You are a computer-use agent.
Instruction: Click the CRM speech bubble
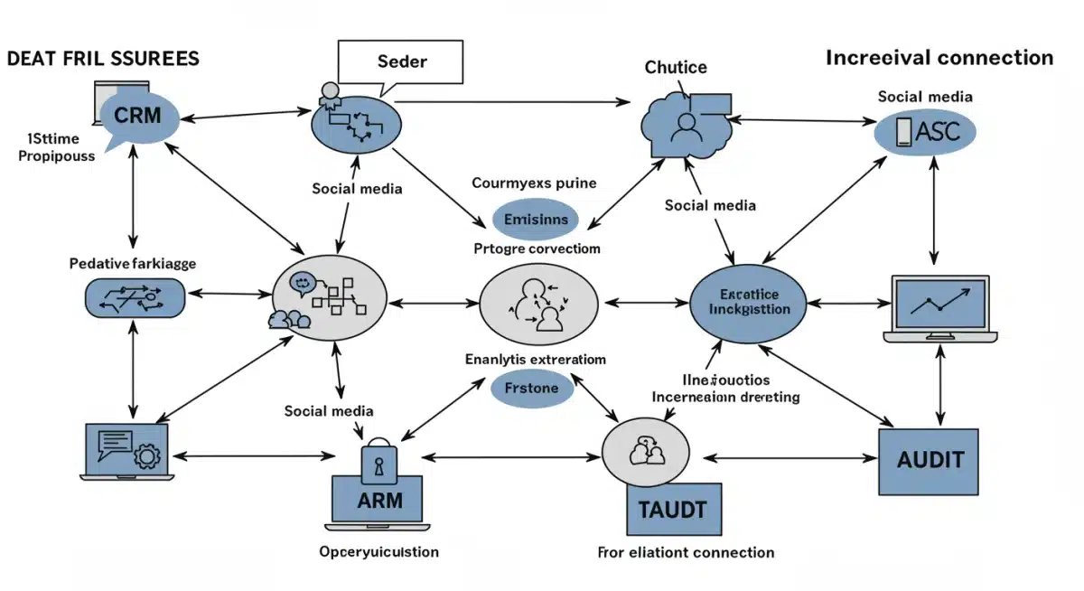coord(141,117)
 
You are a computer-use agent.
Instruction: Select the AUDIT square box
coord(930,461)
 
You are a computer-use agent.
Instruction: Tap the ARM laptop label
coord(379,501)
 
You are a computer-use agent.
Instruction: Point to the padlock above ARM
coord(378,459)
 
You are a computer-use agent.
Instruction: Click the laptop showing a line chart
coord(940,309)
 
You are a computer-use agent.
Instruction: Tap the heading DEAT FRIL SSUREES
coord(103,59)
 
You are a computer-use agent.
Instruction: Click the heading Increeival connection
coord(939,58)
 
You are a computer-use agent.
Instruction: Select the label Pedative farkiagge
coord(133,264)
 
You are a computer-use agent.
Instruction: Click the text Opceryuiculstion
coord(379,551)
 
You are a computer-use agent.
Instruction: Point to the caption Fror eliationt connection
coord(686,552)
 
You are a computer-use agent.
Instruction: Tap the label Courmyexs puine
coord(534,183)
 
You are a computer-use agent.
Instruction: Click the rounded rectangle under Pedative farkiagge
coord(134,297)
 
